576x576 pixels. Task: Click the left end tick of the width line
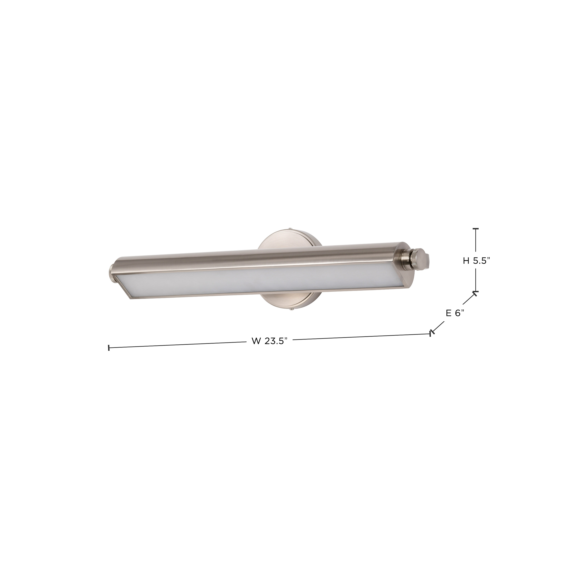tap(109, 348)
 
